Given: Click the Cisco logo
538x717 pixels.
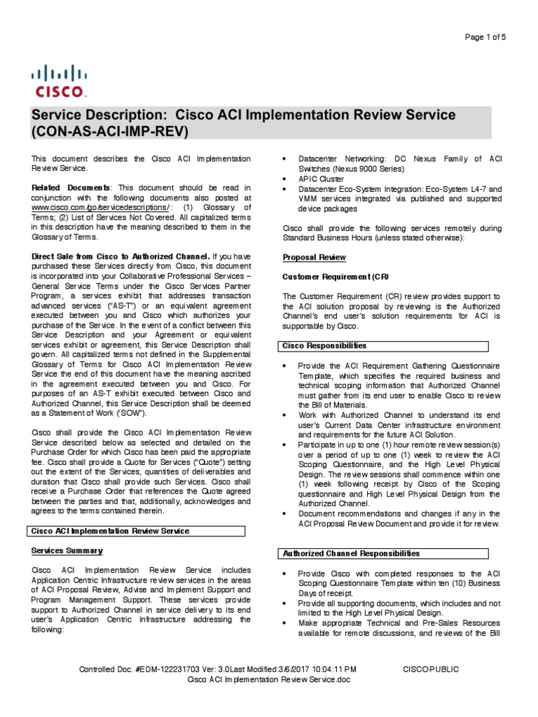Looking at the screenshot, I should click(x=59, y=81).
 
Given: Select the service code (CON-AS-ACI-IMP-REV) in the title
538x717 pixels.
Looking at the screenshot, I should click(x=111, y=131).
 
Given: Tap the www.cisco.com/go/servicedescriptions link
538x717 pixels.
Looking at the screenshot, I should click(x=100, y=208).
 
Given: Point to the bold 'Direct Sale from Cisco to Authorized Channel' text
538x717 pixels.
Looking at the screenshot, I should click(x=120, y=256).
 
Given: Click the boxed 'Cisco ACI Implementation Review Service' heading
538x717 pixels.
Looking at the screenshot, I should click(x=110, y=531).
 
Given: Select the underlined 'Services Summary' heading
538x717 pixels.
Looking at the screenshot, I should click(x=67, y=551).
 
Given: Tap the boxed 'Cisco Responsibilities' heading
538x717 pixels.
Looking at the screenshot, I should click(x=324, y=346).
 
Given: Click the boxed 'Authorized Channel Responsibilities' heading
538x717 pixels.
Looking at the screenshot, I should click(x=351, y=553).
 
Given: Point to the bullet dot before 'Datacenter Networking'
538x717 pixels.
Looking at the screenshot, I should click(x=284, y=160).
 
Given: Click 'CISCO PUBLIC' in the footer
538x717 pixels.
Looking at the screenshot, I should click(x=431, y=669).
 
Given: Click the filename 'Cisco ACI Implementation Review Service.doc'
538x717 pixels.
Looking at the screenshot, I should click(x=269, y=680).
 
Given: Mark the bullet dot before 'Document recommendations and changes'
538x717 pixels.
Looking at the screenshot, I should click(x=284, y=514).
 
